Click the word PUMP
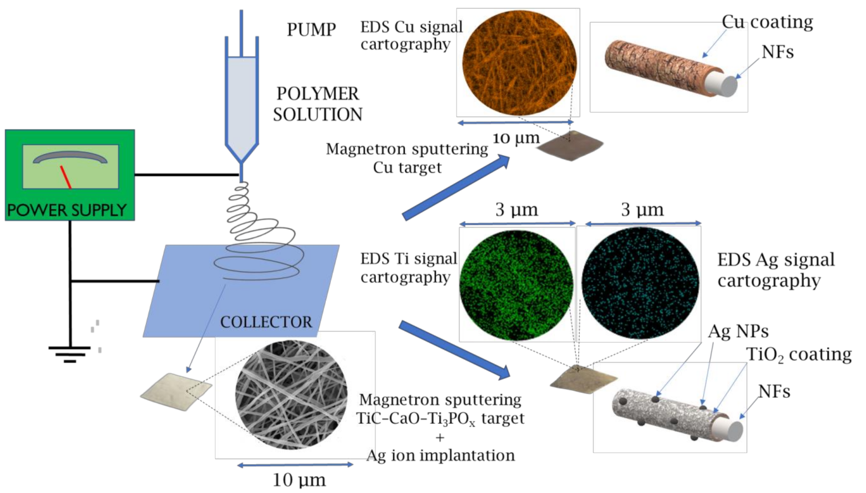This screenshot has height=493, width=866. (311, 29)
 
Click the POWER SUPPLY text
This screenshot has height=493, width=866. (67, 210)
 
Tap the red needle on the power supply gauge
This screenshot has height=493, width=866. (66, 177)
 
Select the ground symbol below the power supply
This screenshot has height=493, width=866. (70, 354)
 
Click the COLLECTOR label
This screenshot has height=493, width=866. (266, 322)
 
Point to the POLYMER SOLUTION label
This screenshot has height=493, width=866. (318, 104)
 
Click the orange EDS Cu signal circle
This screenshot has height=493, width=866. (519, 63)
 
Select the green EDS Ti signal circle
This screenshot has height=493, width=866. (516, 284)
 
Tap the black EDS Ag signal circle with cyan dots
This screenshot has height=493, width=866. (640, 283)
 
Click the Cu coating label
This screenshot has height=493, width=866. (767, 22)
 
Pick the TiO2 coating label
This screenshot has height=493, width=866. (799, 354)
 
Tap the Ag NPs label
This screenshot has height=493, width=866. (738, 331)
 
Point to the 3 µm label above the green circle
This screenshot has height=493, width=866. (516, 209)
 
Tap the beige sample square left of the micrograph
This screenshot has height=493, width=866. (176, 392)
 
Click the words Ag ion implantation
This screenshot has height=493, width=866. (440, 455)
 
